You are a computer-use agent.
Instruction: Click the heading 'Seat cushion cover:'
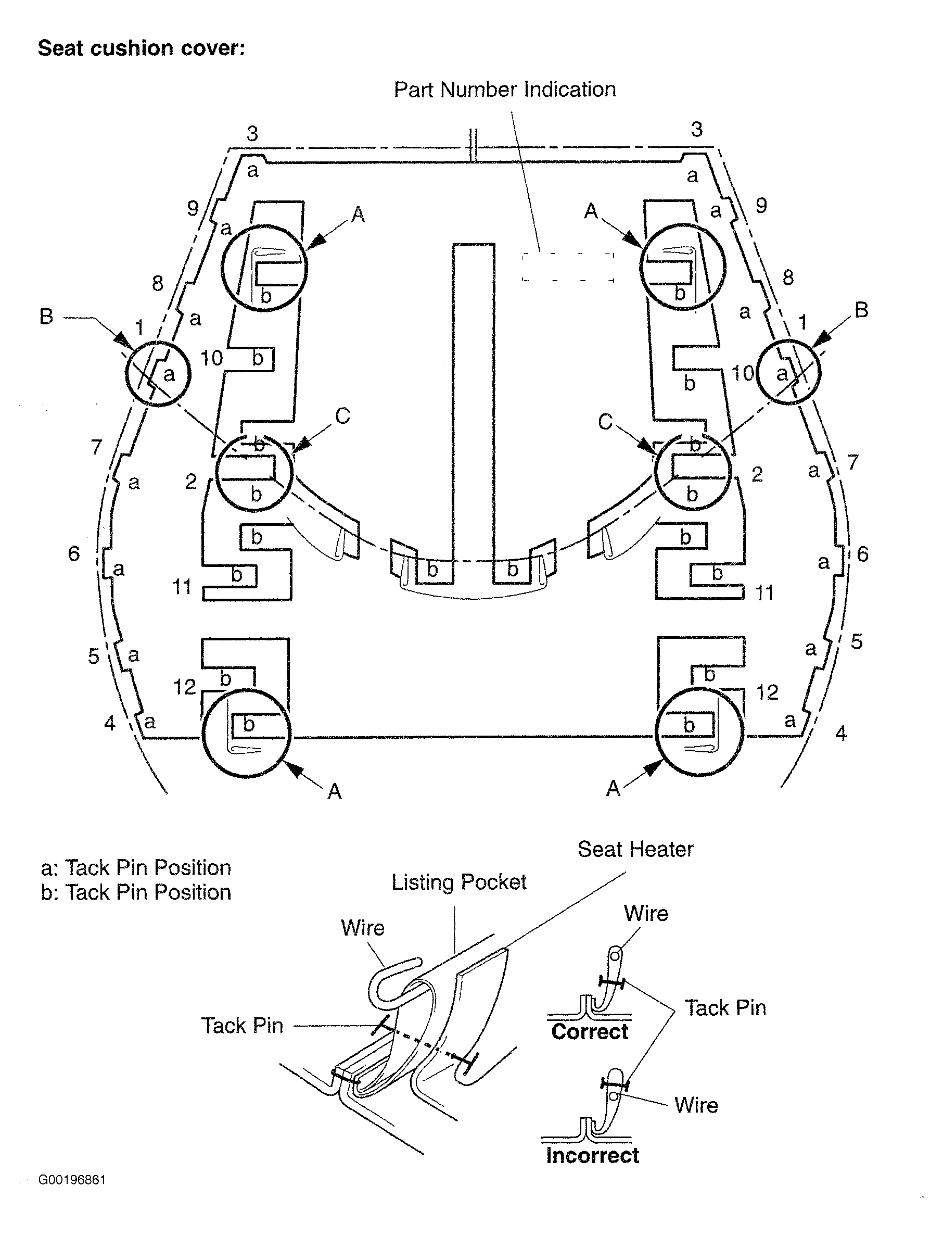[x=142, y=48]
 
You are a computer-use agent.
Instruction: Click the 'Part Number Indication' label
[x=505, y=89]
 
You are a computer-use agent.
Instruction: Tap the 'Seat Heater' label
[x=635, y=849]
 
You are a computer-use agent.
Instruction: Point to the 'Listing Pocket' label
[x=458, y=882]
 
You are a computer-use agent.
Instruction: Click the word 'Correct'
[x=589, y=1031]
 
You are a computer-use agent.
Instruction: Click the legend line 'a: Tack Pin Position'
[x=136, y=867]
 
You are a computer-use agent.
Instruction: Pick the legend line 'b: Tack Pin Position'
[x=136, y=892]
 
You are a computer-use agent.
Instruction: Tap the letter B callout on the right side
[x=861, y=310]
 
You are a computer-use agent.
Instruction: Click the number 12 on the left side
[x=185, y=687]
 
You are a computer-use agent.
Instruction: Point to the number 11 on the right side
[x=764, y=593]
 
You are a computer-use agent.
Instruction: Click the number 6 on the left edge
[x=74, y=553]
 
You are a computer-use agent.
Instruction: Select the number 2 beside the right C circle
[x=757, y=474]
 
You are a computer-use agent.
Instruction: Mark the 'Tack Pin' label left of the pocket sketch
[x=243, y=1025]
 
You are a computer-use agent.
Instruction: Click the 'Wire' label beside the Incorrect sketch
[x=696, y=1105]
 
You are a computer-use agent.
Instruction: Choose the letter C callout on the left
[x=342, y=415]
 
